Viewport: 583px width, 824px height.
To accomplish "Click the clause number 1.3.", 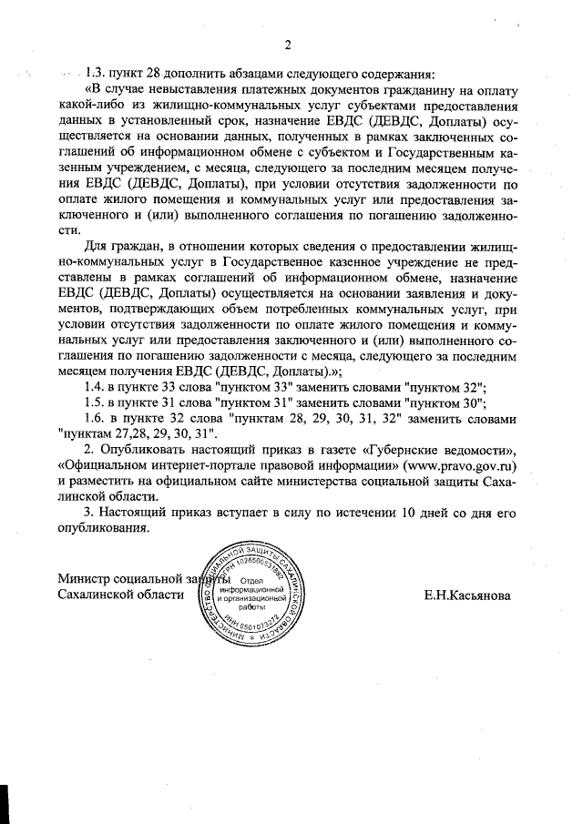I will [96, 75].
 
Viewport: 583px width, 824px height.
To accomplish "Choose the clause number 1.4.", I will [95, 386].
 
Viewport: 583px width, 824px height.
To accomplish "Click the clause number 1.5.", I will [95, 402].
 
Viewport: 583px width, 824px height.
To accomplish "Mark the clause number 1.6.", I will [95, 419].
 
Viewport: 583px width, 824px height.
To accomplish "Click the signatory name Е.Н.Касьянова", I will [467, 596].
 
